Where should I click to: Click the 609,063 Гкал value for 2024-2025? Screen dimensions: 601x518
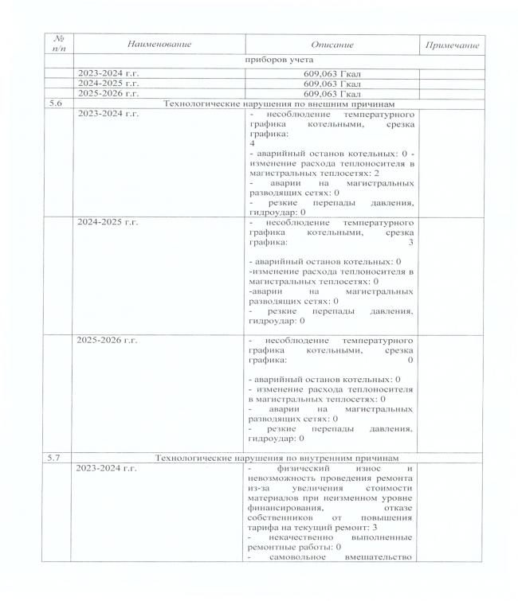click(332, 83)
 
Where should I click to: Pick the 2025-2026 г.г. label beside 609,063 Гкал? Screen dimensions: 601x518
click(107, 93)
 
